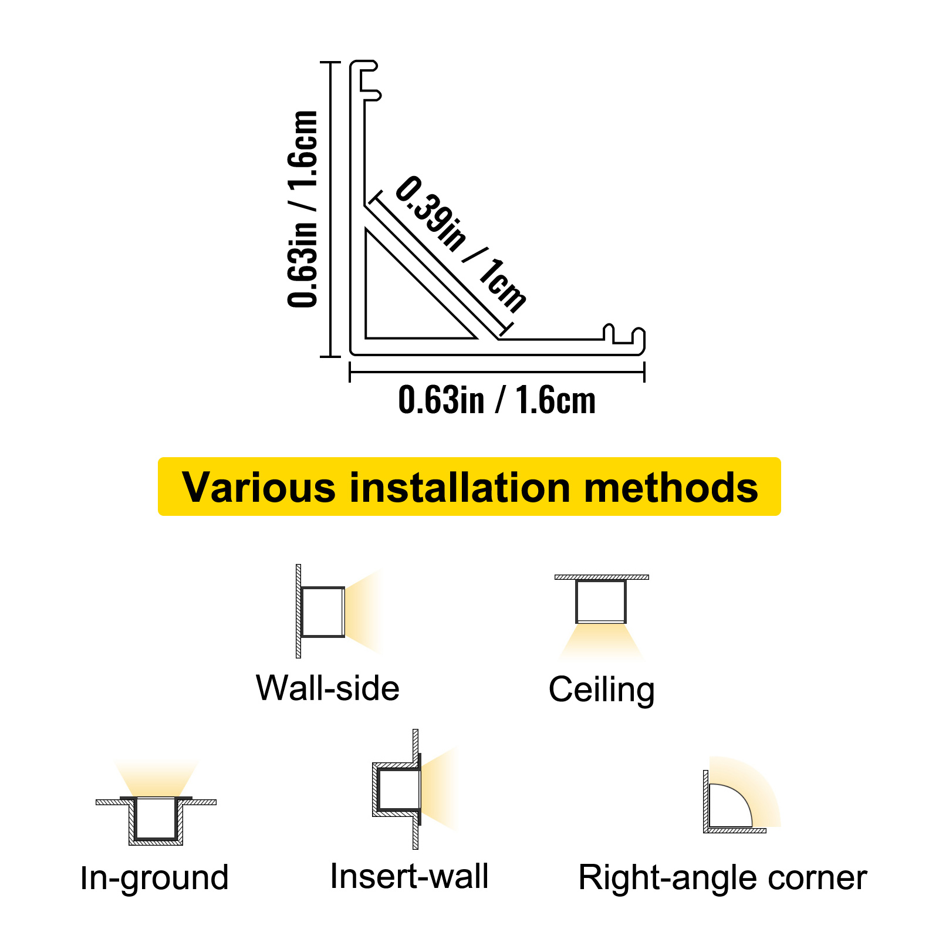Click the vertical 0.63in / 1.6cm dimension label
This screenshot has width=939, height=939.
303,208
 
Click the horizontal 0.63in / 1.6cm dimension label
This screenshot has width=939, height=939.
496,401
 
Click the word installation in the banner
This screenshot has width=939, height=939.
460,488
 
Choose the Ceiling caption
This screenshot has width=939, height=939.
602,690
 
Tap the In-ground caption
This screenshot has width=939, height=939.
154,878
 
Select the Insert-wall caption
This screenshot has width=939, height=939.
409,876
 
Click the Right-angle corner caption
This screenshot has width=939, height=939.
722,878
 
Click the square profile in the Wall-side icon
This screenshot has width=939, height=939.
322,612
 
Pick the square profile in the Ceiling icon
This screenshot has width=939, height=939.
601,601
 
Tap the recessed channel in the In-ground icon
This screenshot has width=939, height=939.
156,819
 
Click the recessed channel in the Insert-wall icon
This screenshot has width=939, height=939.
398,789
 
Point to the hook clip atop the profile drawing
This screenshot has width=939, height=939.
369,80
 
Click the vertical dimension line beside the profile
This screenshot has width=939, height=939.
330,208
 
